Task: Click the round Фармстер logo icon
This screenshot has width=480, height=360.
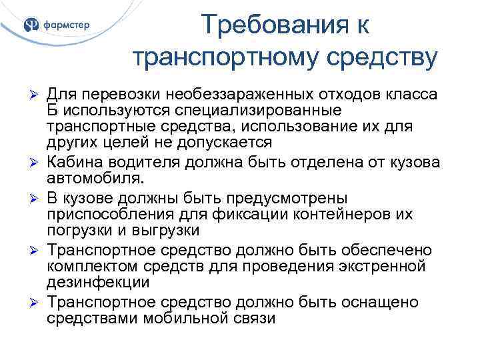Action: point(31,25)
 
